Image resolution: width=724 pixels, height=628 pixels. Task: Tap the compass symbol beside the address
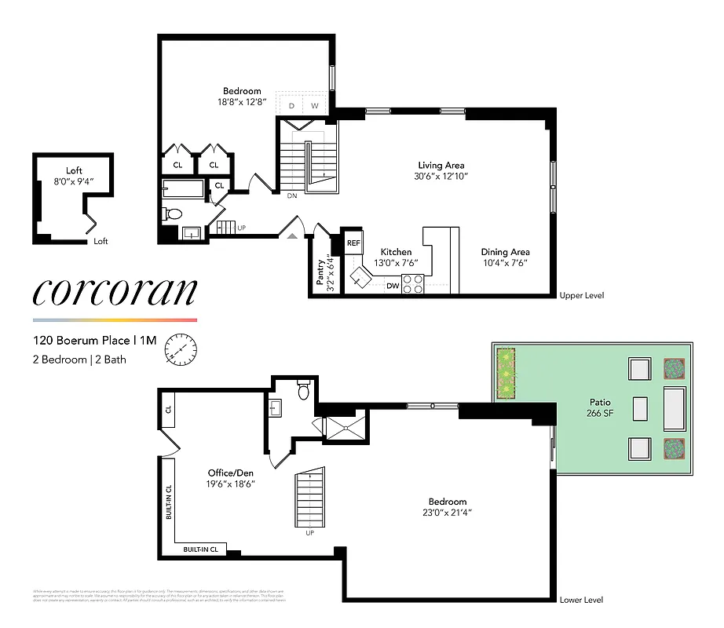(x=179, y=350)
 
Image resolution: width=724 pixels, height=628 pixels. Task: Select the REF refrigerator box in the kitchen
(x=353, y=243)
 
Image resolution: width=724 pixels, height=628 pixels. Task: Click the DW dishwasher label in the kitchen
(x=393, y=287)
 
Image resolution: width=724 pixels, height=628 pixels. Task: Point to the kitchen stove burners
(x=413, y=284)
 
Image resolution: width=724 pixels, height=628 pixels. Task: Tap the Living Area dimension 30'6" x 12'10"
(x=441, y=177)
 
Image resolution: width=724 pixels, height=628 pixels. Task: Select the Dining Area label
(x=504, y=252)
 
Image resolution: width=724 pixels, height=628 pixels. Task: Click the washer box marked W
(x=315, y=105)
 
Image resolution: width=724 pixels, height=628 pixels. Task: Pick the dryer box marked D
(x=291, y=105)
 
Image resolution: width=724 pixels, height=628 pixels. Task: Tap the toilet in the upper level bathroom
(x=174, y=213)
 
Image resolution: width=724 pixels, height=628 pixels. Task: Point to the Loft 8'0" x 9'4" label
(x=74, y=176)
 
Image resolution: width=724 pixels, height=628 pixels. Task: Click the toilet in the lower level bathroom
(x=304, y=389)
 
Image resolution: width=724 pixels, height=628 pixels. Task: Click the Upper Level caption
(x=581, y=296)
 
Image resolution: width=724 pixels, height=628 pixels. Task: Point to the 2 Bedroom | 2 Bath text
(x=79, y=360)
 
